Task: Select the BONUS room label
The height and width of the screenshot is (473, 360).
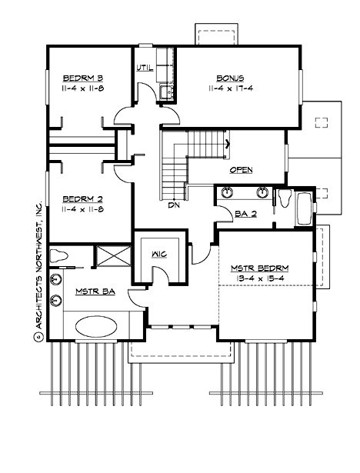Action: tap(230, 78)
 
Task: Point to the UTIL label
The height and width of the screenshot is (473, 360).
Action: tap(145, 68)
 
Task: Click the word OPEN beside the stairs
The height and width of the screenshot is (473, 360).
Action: tap(242, 170)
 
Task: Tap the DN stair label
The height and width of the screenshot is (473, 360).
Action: tap(174, 205)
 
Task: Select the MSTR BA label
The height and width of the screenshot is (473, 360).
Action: tap(92, 291)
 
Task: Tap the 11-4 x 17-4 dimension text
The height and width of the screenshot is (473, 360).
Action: tap(230, 89)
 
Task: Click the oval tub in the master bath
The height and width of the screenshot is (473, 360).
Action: tap(96, 326)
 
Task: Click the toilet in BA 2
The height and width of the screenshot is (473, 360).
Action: tap(285, 198)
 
